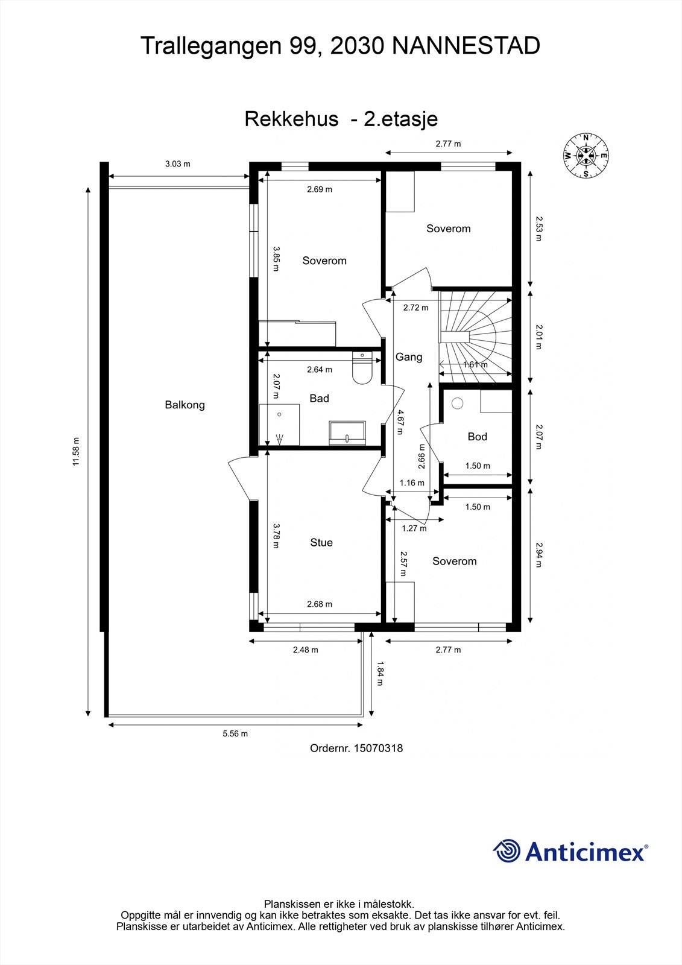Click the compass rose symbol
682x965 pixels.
pos(586,155)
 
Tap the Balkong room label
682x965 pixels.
pos(185,405)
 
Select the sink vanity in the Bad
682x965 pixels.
pos(347,432)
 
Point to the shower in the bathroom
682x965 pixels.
pos(279,425)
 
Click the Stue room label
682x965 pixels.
pos(321,542)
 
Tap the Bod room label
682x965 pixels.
pos(477,436)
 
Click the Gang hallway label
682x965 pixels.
pos(409,356)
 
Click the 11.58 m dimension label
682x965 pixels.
pos(75,452)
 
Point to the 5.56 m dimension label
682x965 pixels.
pos(235,733)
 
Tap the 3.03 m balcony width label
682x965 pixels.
pos(178,163)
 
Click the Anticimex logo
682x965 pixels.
pos(570,851)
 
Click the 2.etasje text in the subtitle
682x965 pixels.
pos(400,119)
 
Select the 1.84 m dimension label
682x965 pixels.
pos(380,674)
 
